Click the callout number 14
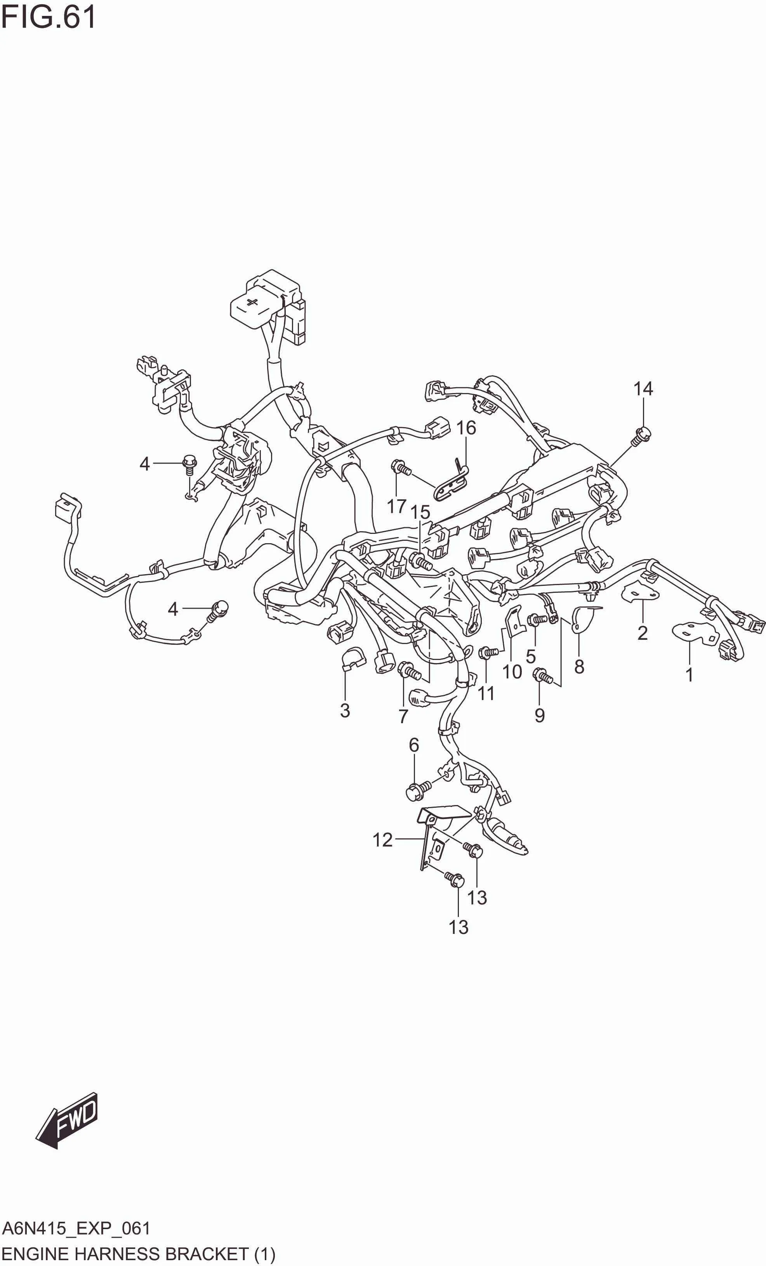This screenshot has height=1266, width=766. pos(643,389)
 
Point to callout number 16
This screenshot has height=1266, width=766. pos(466,428)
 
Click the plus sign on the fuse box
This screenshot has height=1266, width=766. pos(252,303)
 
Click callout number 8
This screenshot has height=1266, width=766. pos(579,667)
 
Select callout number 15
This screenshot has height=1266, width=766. pos(420,512)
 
